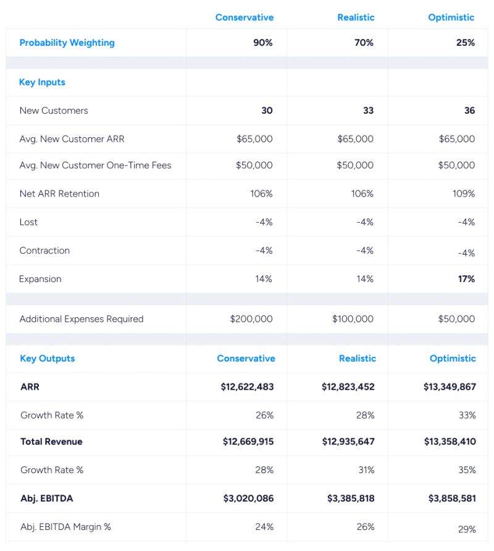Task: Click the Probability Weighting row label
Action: [67, 43]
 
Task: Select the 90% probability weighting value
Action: [262, 43]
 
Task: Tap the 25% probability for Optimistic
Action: [465, 43]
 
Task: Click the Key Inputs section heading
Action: [42, 82]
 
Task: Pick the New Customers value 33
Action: [368, 111]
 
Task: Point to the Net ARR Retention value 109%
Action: [463, 194]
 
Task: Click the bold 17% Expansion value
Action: [466, 279]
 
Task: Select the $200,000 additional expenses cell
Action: [251, 319]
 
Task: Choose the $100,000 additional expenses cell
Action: [353, 319]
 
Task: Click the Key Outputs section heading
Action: [47, 359]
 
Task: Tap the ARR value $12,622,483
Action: [247, 387]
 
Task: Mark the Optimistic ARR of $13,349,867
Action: [450, 387]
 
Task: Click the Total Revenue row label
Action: [51, 442]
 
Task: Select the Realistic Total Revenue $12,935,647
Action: [348, 442]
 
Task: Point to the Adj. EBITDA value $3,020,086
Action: [248, 498]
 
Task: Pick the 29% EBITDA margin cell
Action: [467, 529]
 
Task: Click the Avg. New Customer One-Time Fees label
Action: [95, 165]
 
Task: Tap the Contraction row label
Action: [44, 250]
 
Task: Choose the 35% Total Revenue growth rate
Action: [467, 470]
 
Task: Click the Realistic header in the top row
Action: [356, 17]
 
